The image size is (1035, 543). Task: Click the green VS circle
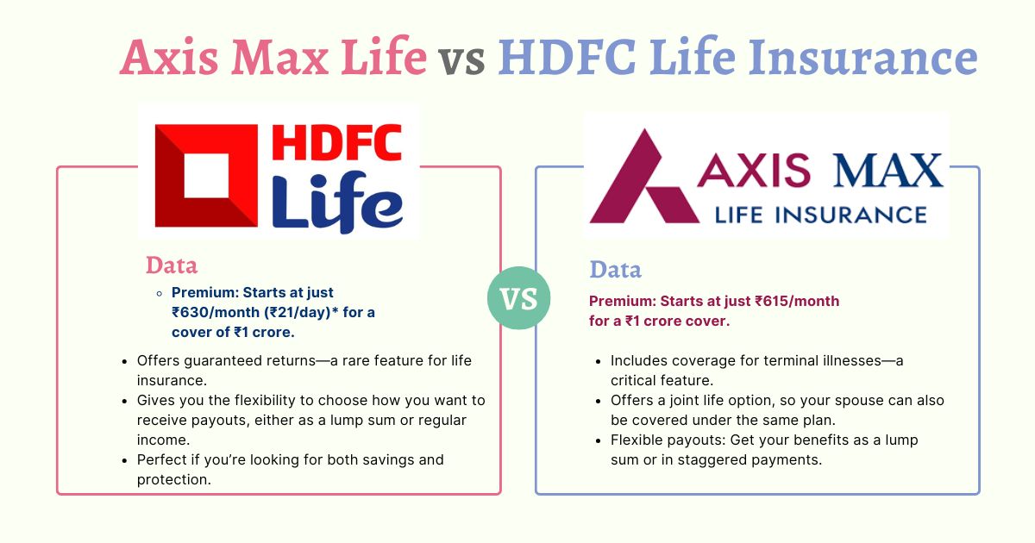519,298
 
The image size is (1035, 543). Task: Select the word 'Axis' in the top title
169,56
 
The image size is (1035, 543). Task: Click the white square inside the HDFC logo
206,176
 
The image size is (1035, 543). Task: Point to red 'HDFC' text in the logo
337,142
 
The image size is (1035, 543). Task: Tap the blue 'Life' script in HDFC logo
337,202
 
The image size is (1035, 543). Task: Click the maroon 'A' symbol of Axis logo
643,177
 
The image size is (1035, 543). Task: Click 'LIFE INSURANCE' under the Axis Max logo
820,215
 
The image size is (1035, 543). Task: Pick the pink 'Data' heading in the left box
172,265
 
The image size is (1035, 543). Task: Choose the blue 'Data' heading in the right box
616,269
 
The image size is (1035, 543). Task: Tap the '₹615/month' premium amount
797,301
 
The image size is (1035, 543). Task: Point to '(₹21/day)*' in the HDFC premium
301,313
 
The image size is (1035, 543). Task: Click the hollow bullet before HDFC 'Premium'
160,293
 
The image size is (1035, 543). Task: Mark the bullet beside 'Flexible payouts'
599,441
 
